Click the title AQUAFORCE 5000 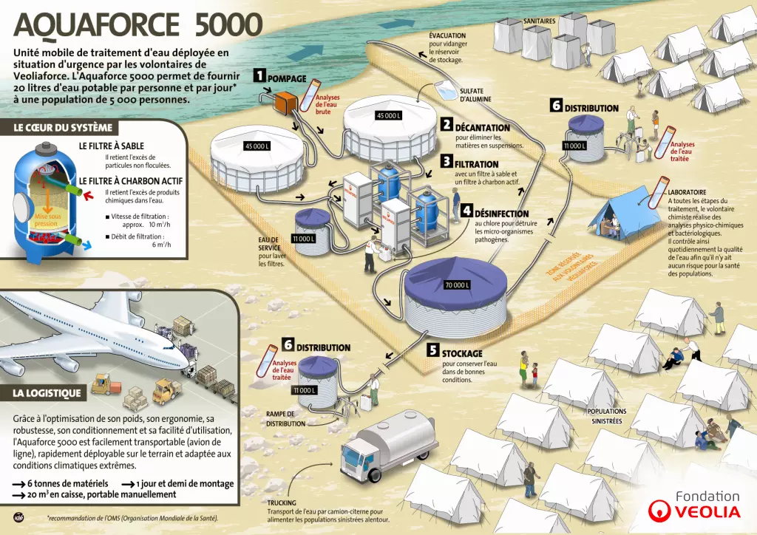click(x=138, y=25)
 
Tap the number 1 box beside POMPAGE click(x=259, y=75)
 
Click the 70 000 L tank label click(x=455, y=285)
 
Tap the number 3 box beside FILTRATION click(x=447, y=161)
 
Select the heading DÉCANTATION click(x=482, y=127)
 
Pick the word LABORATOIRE click(x=687, y=192)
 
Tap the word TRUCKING click(x=282, y=502)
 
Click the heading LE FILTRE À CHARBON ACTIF click(x=131, y=181)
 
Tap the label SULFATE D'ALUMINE click(x=475, y=94)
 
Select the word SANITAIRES click(x=539, y=21)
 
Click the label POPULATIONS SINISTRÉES click(x=606, y=416)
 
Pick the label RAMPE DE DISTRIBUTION click(x=284, y=419)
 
